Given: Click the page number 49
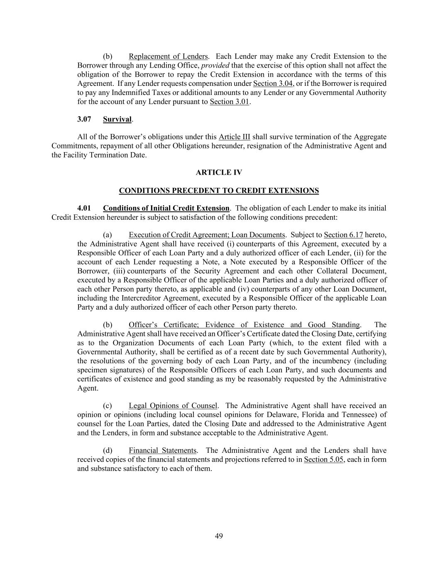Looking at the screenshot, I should click(219, 536).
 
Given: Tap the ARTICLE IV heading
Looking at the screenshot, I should click(219, 172).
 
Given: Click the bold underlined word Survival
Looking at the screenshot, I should click(117, 119).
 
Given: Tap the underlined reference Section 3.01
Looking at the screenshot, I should click(229, 102).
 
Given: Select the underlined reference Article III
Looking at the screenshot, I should click(234, 137).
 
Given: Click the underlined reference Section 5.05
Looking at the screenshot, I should click(323, 459).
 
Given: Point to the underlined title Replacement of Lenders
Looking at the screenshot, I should click(168, 56).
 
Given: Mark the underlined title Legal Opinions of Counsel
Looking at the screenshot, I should click(173, 406).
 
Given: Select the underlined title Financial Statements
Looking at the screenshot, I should click(162, 450).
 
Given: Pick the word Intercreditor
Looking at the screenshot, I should click(141, 298).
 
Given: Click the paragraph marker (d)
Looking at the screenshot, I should click(108, 450).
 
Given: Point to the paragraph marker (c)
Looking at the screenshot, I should click(108, 406).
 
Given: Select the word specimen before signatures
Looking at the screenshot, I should click(91, 370).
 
